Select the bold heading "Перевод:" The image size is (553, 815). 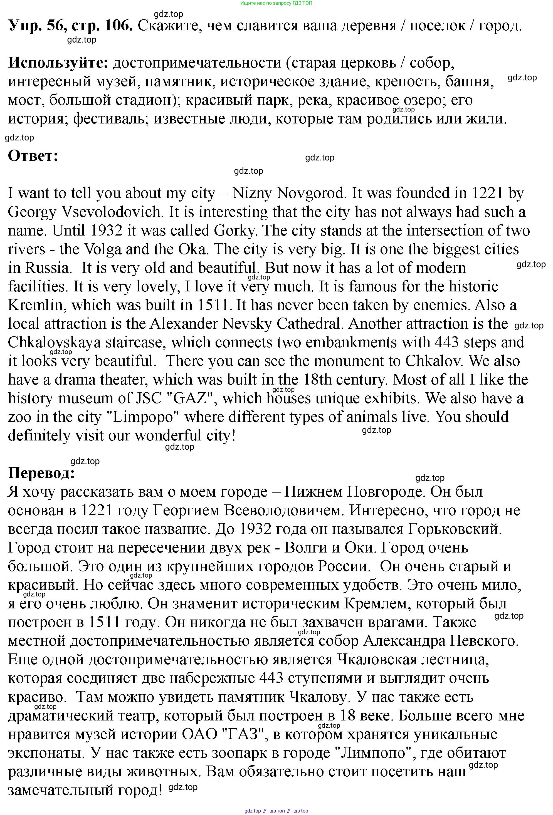coord(41,473)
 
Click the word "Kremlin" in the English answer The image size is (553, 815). coord(37,305)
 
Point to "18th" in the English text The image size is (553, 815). coord(315,380)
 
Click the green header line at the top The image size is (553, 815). coord(276,3)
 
